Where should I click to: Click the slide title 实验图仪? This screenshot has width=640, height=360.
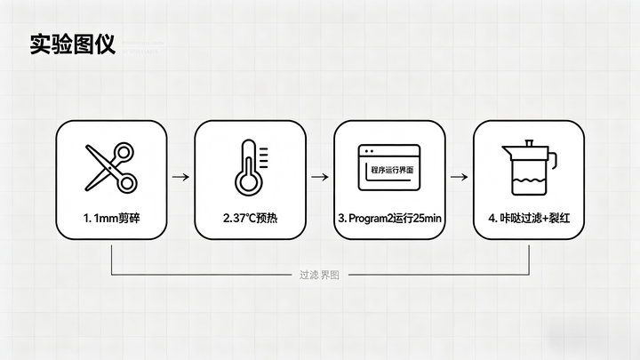coord(72,44)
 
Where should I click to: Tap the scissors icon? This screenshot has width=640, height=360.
coord(111,166)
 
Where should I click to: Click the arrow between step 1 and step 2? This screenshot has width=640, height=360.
coord(180,177)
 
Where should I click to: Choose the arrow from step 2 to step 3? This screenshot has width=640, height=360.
coord(319,177)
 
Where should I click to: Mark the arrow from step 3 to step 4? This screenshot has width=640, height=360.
coord(459,177)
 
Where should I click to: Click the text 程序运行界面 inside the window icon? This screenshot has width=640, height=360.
coord(388,169)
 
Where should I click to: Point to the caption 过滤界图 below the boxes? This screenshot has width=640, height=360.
coord(320,275)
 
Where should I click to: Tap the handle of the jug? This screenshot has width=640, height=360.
coord(551,161)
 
